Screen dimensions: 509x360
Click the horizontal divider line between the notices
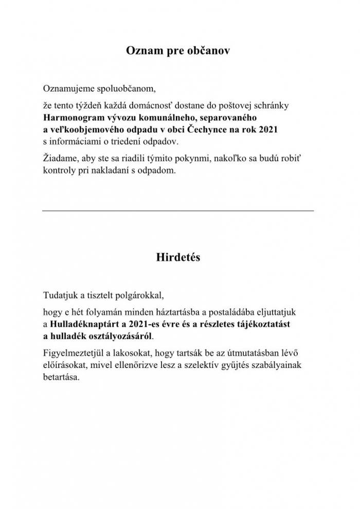[178, 210]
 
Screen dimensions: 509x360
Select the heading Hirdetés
[177, 258]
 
